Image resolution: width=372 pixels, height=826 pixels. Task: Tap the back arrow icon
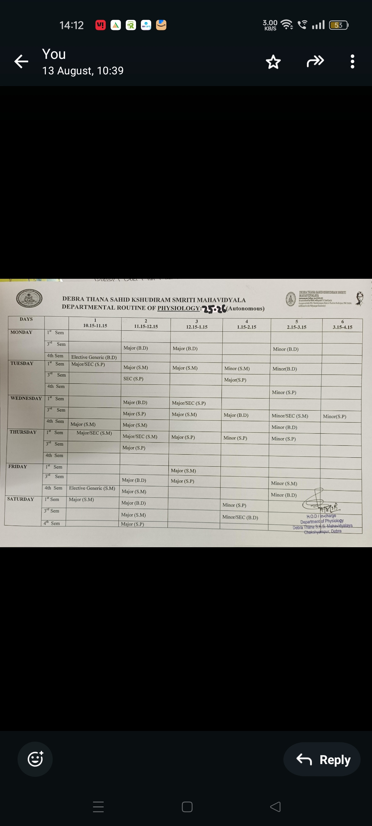pyautogui.click(x=21, y=62)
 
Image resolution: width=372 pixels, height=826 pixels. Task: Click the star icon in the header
pyautogui.click(x=273, y=62)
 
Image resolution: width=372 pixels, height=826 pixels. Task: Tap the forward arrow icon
pyautogui.click(x=315, y=61)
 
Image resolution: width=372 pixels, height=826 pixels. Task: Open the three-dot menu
pyautogui.click(x=352, y=62)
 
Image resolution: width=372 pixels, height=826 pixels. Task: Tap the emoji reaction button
pyautogui.click(x=35, y=759)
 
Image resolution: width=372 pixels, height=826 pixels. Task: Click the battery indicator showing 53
pyautogui.click(x=339, y=25)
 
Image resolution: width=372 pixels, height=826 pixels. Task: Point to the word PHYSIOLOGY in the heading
pyautogui.click(x=178, y=308)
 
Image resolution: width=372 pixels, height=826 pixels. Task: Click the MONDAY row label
pyautogui.click(x=21, y=332)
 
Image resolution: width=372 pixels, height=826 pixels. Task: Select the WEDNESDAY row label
pyautogui.click(x=26, y=399)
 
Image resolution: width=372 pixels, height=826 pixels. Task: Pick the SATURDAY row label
pyautogui.click(x=21, y=499)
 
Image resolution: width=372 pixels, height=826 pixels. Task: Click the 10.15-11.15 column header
pyautogui.click(x=95, y=326)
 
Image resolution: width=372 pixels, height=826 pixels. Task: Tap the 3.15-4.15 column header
pyautogui.click(x=342, y=327)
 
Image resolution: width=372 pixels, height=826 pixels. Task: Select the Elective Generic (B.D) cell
pyautogui.click(x=94, y=357)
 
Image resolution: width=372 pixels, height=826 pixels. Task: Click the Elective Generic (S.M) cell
pyautogui.click(x=92, y=488)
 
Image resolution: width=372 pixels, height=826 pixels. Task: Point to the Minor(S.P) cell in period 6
pyautogui.click(x=334, y=416)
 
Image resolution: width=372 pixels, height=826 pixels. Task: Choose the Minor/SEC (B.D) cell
pyautogui.click(x=240, y=517)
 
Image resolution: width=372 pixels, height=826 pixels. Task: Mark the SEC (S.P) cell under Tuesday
pyautogui.click(x=133, y=379)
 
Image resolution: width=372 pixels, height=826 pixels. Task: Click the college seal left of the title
pyautogui.click(x=29, y=298)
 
